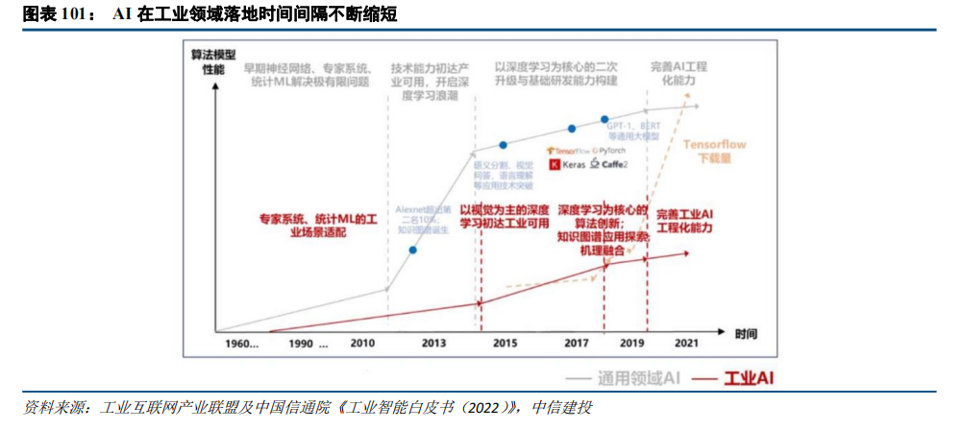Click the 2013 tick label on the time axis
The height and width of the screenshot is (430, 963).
[432, 343]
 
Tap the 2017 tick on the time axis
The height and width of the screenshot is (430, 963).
[576, 343]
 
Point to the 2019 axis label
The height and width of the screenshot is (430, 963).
[633, 343]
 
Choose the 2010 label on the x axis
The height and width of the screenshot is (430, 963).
[362, 343]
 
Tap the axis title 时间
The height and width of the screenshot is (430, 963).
[746, 334]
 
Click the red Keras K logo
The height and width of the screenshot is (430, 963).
[555, 165]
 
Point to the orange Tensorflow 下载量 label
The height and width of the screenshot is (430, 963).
[714, 151]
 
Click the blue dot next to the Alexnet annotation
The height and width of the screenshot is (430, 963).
[412, 251]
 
